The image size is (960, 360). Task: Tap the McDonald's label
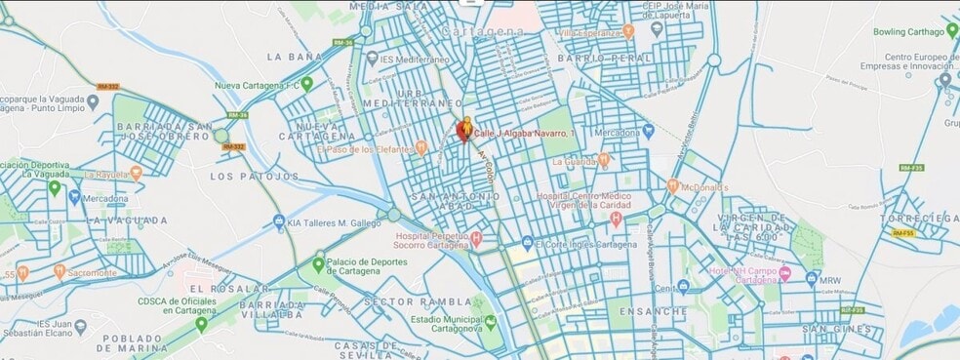coord(705,187)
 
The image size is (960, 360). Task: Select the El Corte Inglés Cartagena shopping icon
coord(527,243)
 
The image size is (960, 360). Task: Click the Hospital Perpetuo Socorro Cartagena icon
coord(476,237)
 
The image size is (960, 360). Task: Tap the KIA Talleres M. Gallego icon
coord(279,221)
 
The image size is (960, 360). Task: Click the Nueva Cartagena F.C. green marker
coord(306,84)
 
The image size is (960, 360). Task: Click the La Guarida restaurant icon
coord(604,159)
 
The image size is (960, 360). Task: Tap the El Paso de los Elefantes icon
coord(421,149)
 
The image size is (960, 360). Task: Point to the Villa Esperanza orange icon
coord(629,31)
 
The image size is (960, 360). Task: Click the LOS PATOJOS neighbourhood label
coord(255,177)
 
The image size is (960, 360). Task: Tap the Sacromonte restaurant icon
coord(60,272)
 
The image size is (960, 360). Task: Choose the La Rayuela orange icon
coord(136,174)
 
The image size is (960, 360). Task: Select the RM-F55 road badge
coord(902,233)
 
